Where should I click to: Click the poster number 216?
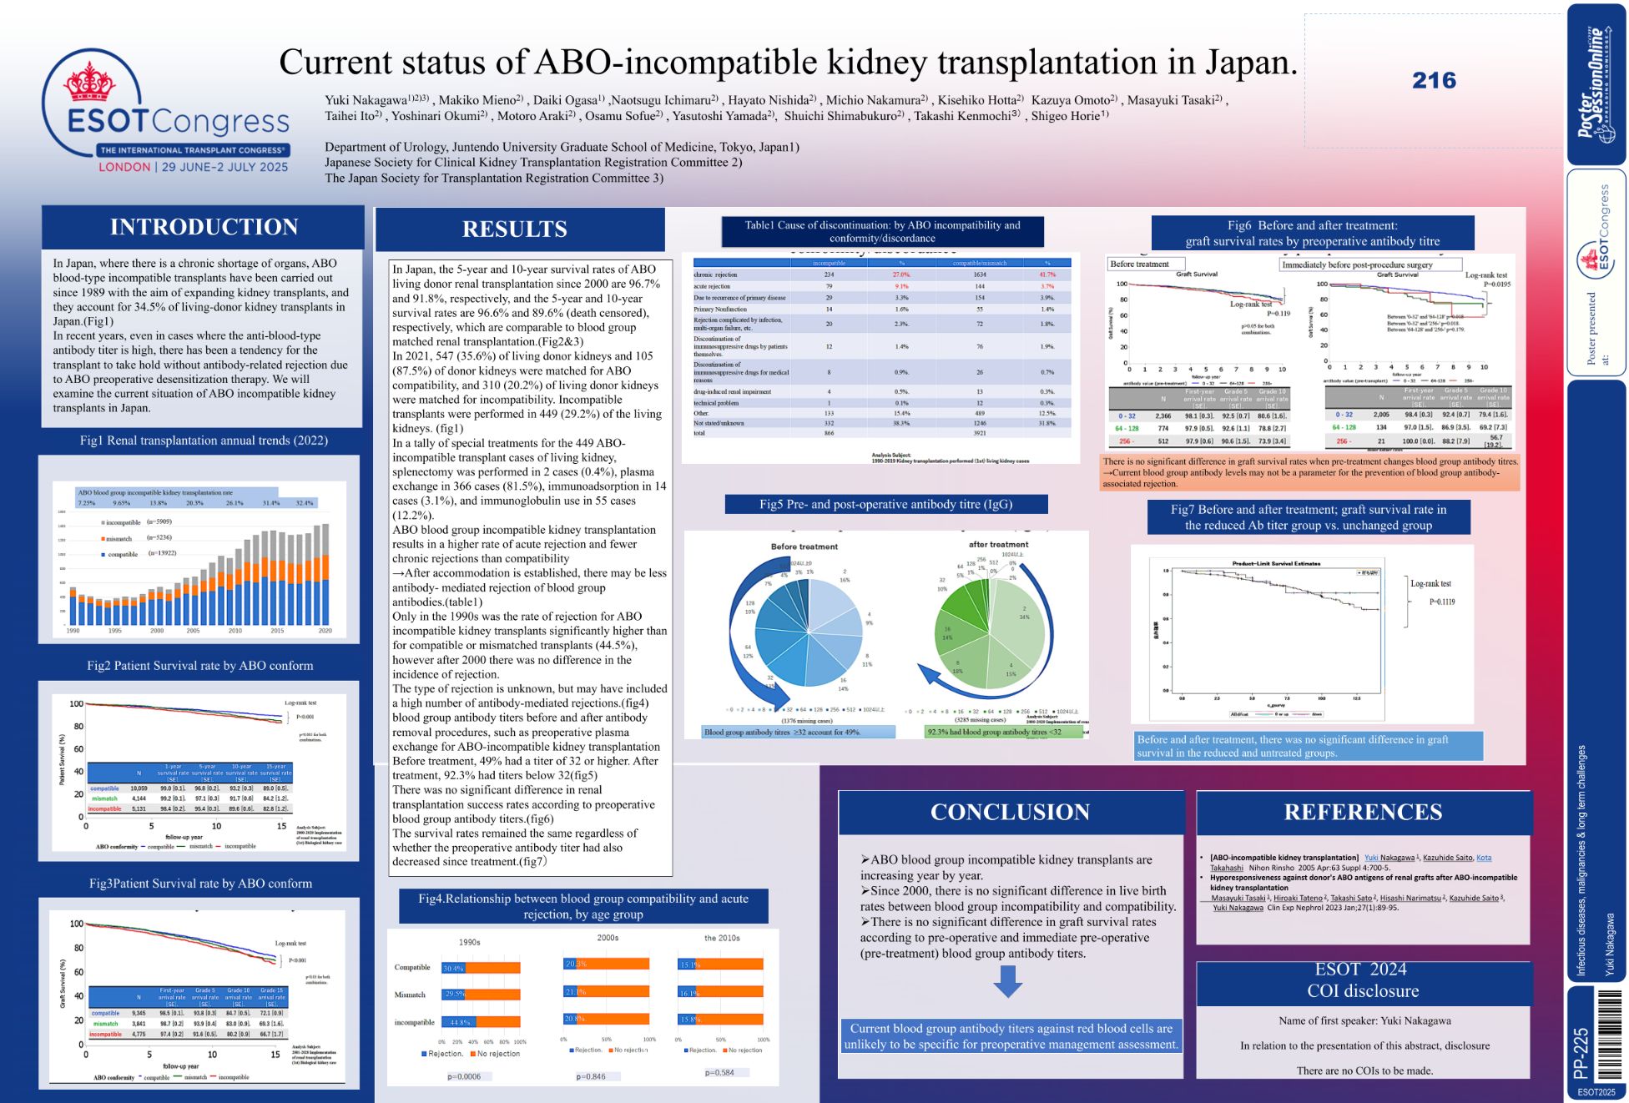click(1434, 81)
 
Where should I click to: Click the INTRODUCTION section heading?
click(204, 227)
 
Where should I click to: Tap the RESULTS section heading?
click(514, 229)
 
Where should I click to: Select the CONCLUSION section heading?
click(1010, 812)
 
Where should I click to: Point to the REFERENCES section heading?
click(1363, 812)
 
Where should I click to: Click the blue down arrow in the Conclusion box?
click(1008, 981)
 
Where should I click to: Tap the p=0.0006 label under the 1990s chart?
click(464, 1076)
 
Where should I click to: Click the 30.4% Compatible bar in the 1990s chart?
click(453, 968)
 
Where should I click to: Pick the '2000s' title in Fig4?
click(608, 938)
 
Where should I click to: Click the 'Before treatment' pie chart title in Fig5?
click(804, 546)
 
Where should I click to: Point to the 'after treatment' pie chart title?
click(998, 544)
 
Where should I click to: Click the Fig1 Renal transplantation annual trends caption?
click(204, 441)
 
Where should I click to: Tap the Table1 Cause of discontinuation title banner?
click(882, 232)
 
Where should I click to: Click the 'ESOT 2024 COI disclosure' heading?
click(1362, 980)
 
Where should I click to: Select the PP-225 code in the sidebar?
click(1581, 1053)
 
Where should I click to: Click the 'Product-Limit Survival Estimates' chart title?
click(1276, 563)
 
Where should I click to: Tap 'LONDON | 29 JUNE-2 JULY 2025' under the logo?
click(193, 167)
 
